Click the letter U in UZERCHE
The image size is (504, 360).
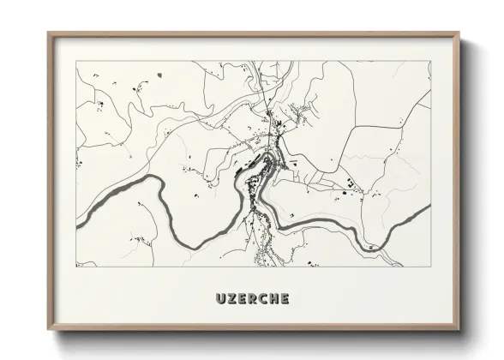click(222, 299)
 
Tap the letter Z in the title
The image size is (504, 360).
click(233, 299)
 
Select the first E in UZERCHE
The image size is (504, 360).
click(243, 299)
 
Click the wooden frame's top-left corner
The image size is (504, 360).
click(49, 33)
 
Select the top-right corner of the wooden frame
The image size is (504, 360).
click(459, 33)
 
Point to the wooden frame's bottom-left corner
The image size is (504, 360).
click(49, 329)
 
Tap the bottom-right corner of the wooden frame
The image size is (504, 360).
click(459, 329)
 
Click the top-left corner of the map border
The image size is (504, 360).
click(76, 61)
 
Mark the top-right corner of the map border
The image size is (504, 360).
click(430, 61)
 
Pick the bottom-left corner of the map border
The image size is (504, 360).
click(76, 267)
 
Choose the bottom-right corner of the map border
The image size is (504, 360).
click(430, 267)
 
